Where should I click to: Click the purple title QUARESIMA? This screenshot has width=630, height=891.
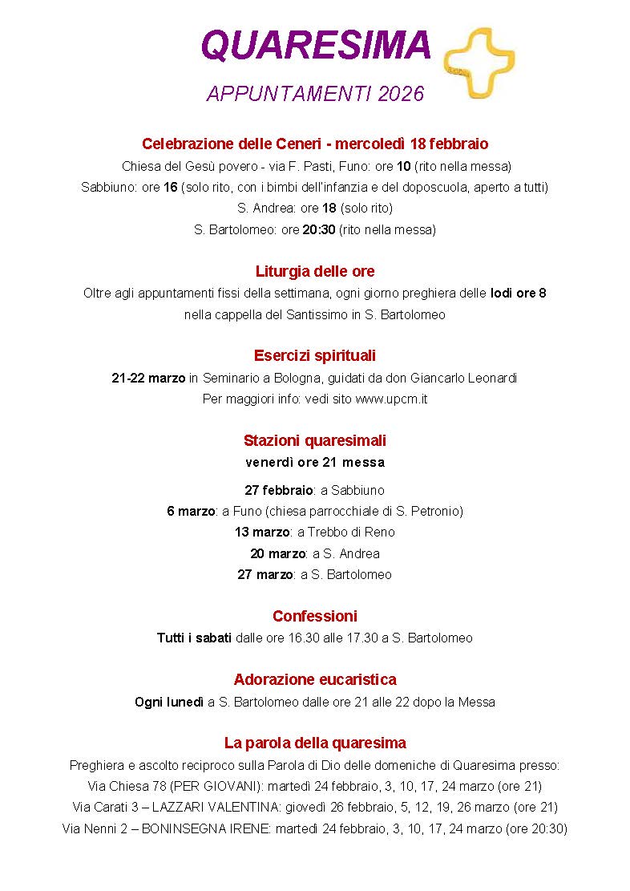click(x=316, y=46)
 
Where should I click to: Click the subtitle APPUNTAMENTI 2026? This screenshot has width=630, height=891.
click(x=315, y=95)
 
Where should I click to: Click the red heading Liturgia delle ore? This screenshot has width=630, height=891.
click(x=315, y=271)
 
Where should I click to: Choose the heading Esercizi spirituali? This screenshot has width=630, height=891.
click(x=315, y=355)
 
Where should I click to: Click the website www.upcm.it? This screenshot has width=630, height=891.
click(x=391, y=399)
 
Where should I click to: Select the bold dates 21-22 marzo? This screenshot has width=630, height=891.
click(x=148, y=378)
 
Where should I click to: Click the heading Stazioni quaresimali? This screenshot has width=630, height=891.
click(x=315, y=440)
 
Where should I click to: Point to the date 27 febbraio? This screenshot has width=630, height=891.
click(x=279, y=490)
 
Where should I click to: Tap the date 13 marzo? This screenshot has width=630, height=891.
click(x=263, y=532)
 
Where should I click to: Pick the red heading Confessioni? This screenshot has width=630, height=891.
click(x=315, y=616)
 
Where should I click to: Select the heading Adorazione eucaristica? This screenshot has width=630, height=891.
click(x=315, y=679)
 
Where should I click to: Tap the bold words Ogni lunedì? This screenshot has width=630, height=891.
click(x=169, y=702)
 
